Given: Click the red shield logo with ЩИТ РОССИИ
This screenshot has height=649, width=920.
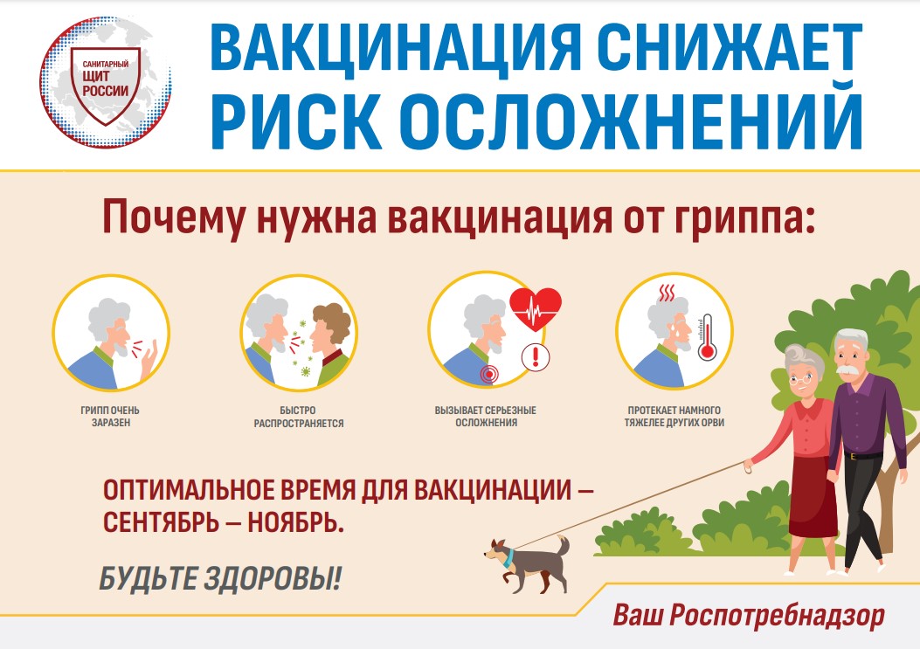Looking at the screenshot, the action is [106, 85].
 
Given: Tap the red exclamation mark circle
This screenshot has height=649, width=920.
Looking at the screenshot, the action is [535, 356].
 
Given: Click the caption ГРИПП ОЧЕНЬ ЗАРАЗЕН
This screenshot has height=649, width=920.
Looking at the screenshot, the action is [110, 416].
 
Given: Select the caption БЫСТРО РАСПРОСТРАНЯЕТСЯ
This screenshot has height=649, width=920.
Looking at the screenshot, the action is [299, 417].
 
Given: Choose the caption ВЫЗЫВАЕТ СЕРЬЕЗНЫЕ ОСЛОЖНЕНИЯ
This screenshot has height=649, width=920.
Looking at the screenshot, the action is [486, 416].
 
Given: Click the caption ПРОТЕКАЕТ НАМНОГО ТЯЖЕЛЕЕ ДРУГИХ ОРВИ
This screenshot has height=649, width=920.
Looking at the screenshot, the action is [674, 416].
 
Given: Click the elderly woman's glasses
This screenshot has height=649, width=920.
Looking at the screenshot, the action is [799, 378].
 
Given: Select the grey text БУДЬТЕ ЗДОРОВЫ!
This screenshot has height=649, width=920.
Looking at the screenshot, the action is [220, 579].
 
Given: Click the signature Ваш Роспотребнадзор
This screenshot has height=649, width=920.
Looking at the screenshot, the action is [749, 616].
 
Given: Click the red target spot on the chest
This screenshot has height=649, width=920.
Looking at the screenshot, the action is [488, 373].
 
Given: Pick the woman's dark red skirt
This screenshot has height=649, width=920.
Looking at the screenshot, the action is [813, 496].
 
